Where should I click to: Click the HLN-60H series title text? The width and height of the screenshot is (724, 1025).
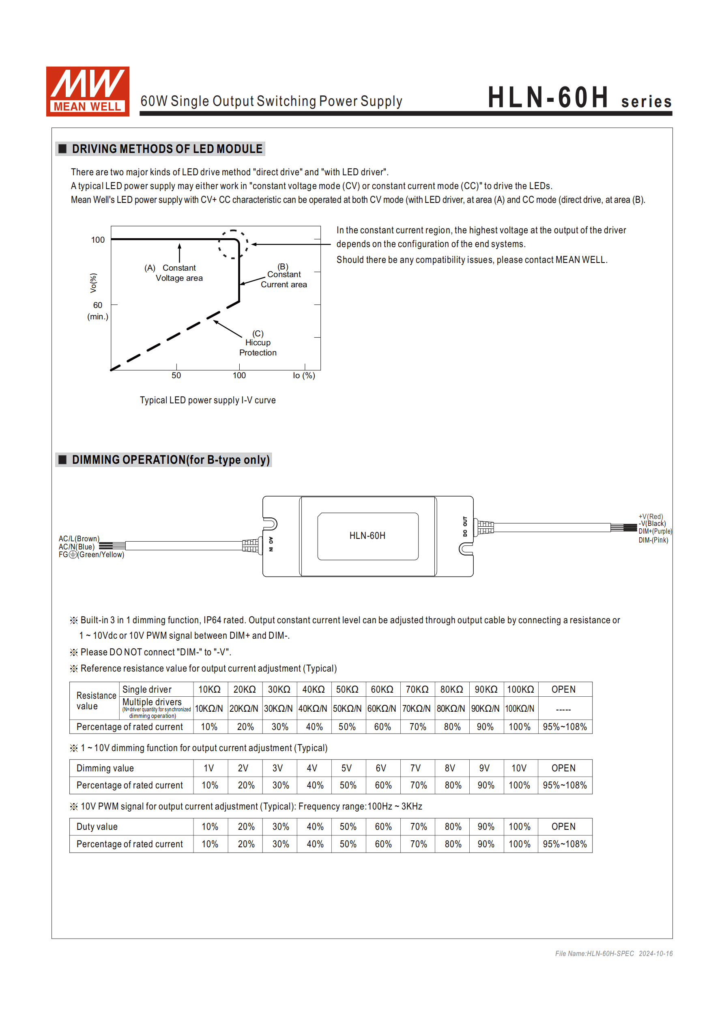click(x=579, y=98)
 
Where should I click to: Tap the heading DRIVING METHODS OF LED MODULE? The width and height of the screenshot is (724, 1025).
click(x=167, y=149)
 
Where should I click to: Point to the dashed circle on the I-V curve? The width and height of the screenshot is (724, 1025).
click(x=233, y=244)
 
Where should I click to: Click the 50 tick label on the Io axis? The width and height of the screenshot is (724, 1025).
click(x=176, y=375)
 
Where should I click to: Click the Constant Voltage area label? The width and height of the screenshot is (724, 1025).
click(x=178, y=273)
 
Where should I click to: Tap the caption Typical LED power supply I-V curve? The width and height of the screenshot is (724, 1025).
click(x=208, y=400)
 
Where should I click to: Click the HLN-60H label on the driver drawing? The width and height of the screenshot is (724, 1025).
click(x=367, y=536)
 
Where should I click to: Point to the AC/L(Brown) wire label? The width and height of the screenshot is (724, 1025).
click(x=79, y=539)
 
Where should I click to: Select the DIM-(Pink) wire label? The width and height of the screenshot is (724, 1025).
click(x=653, y=540)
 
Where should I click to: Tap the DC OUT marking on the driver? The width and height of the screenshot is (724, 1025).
click(x=465, y=527)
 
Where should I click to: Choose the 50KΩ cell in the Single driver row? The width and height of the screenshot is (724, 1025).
click(x=347, y=689)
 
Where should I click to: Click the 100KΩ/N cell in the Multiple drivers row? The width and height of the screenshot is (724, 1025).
click(x=520, y=708)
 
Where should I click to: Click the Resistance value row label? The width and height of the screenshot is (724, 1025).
click(x=96, y=701)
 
